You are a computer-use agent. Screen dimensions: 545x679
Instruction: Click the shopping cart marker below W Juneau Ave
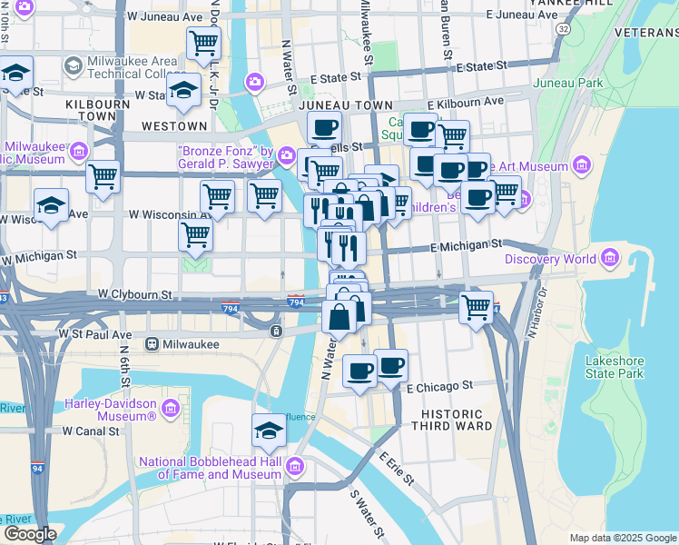pyautogui.click(x=203, y=42)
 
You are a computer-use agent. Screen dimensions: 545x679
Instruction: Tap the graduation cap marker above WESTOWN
pyautogui.click(x=183, y=91)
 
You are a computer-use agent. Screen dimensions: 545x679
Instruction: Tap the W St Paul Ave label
pyautogui.click(x=95, y=334)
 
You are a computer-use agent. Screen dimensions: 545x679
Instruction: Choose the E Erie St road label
pyautogui.click(x=396, y=468)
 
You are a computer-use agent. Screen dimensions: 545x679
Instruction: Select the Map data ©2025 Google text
pyautogui.click(x=622, y=538)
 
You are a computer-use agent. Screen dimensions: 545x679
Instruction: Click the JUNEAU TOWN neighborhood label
pyautogui.click(x=332, y=106)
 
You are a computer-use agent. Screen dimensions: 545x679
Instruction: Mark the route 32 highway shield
pyautogui.click(x=565, y=29)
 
